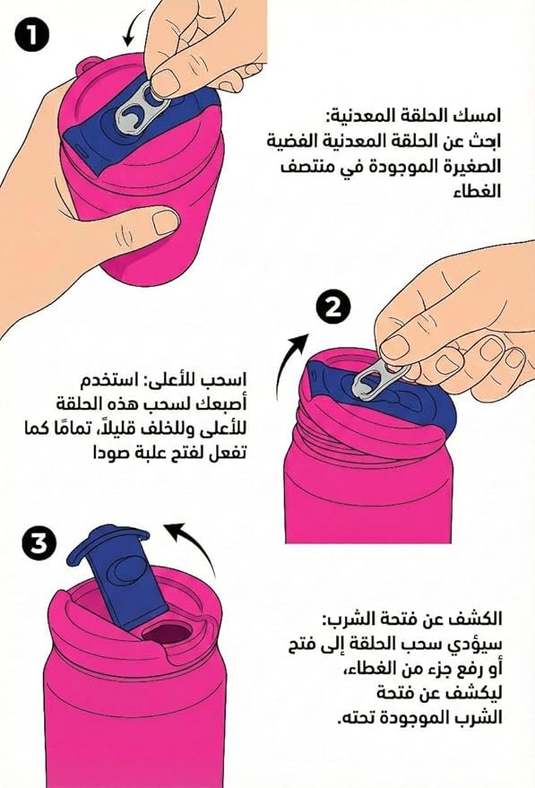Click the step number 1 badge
point(32,36)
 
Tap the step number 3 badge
point(39,544)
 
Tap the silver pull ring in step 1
point(137,108)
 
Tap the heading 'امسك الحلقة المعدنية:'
point(410,117)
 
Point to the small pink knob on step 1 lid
point(90,65)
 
